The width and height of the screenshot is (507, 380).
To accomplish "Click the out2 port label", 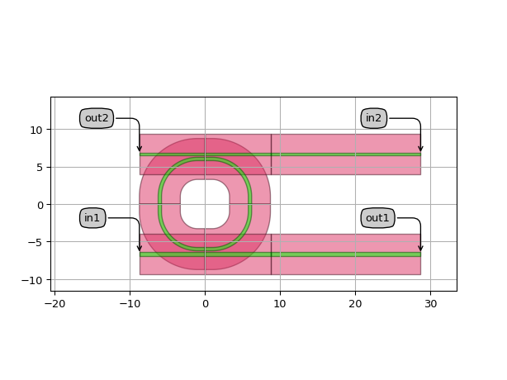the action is tap(97, 118).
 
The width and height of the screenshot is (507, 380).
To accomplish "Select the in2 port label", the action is tap(373, 118).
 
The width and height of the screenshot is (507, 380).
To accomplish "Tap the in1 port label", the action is tap(92, 217).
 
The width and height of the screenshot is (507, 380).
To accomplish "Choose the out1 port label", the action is tap(377, 217).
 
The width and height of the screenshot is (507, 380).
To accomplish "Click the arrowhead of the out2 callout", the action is tap(140, 149).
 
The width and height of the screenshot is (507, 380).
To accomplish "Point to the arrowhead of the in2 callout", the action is tap(420, 149).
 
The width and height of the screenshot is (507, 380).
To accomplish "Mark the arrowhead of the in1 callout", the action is tap(140, 249).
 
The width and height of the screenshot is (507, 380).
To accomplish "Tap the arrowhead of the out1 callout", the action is tap(420, 249).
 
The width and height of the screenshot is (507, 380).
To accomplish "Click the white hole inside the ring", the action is tap(205, 204).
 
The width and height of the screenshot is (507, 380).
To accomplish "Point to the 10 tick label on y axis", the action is tap(36, 131).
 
